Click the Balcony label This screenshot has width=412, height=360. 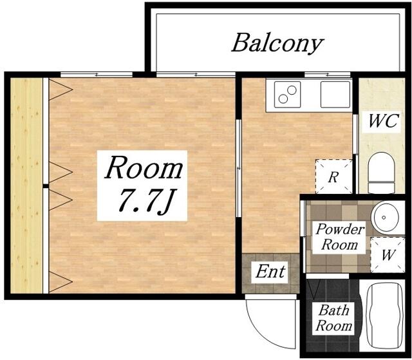point(277,43)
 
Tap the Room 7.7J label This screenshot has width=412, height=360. point(143,185)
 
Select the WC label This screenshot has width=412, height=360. point(384,121)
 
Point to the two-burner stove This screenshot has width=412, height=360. point(288,94)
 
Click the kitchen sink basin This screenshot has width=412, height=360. point(335,94)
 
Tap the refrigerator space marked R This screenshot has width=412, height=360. point(333,176)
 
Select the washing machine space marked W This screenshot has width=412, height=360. point(388,254)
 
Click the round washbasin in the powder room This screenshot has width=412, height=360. point(385,217)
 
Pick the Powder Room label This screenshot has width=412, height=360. point(339,237)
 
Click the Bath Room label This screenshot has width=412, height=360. point(333,318)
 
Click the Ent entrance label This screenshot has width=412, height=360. point(270,271)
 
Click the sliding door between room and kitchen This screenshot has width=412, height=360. point(239,168)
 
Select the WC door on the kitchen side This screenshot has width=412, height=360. point(355,134)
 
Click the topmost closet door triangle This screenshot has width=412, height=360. point(61,90)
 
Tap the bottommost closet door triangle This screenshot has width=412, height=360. point(61,282)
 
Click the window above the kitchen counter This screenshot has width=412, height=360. point(328,75)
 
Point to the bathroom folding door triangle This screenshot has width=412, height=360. point(314,289)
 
